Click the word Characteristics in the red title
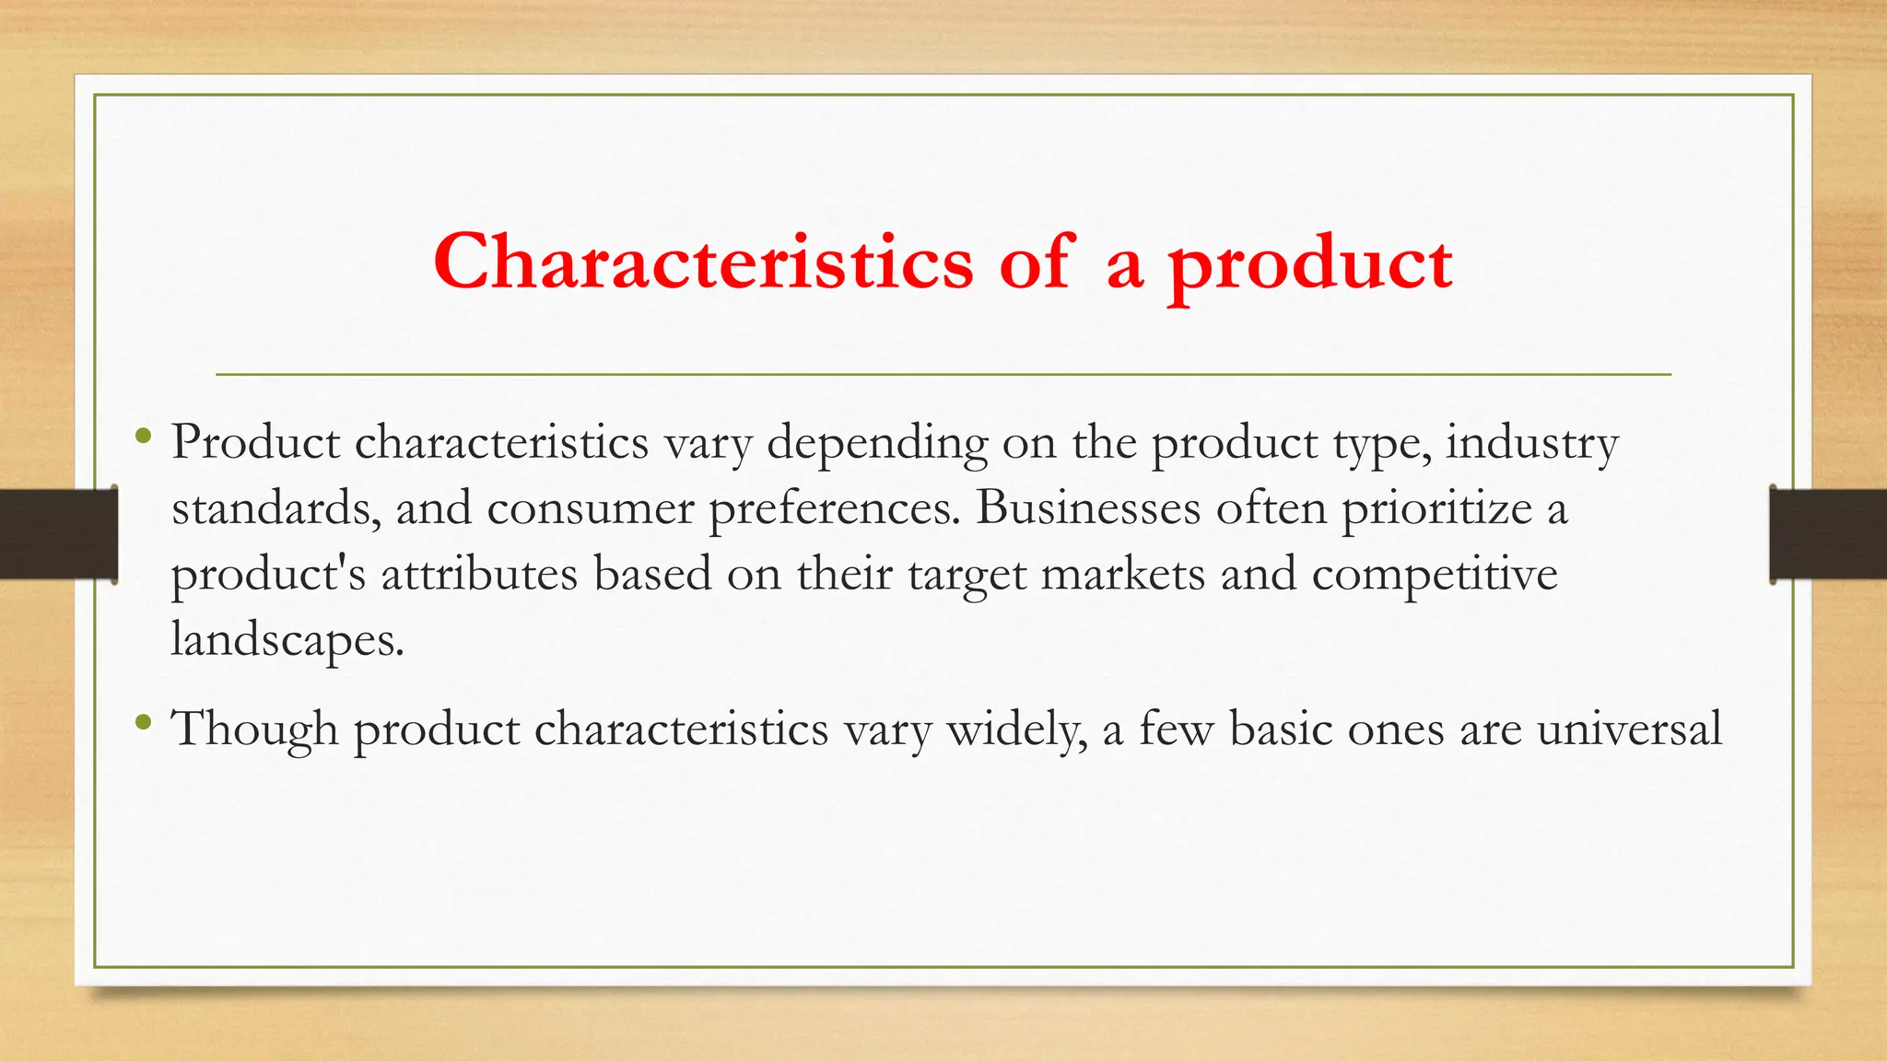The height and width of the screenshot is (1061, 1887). tap(703, 262)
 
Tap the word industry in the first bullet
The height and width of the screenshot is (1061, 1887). tap(1531, 443)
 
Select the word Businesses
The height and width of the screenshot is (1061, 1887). tap(1088, 508)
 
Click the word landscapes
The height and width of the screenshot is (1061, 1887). tap(287, 639)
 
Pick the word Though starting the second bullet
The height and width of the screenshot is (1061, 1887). tap(255, 729)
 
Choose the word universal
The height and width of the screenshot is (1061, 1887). tap(1629, 729)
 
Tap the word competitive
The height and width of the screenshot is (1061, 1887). tap(1435, 575)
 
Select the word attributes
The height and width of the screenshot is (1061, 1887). tap(479, 575)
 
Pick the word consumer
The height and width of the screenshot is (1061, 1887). tap(590, 508)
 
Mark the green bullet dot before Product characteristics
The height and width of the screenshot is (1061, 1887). tap(142, 436)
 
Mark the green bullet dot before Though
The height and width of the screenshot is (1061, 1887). tap(142, 722)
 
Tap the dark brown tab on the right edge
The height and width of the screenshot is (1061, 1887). tap(1828, 534)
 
